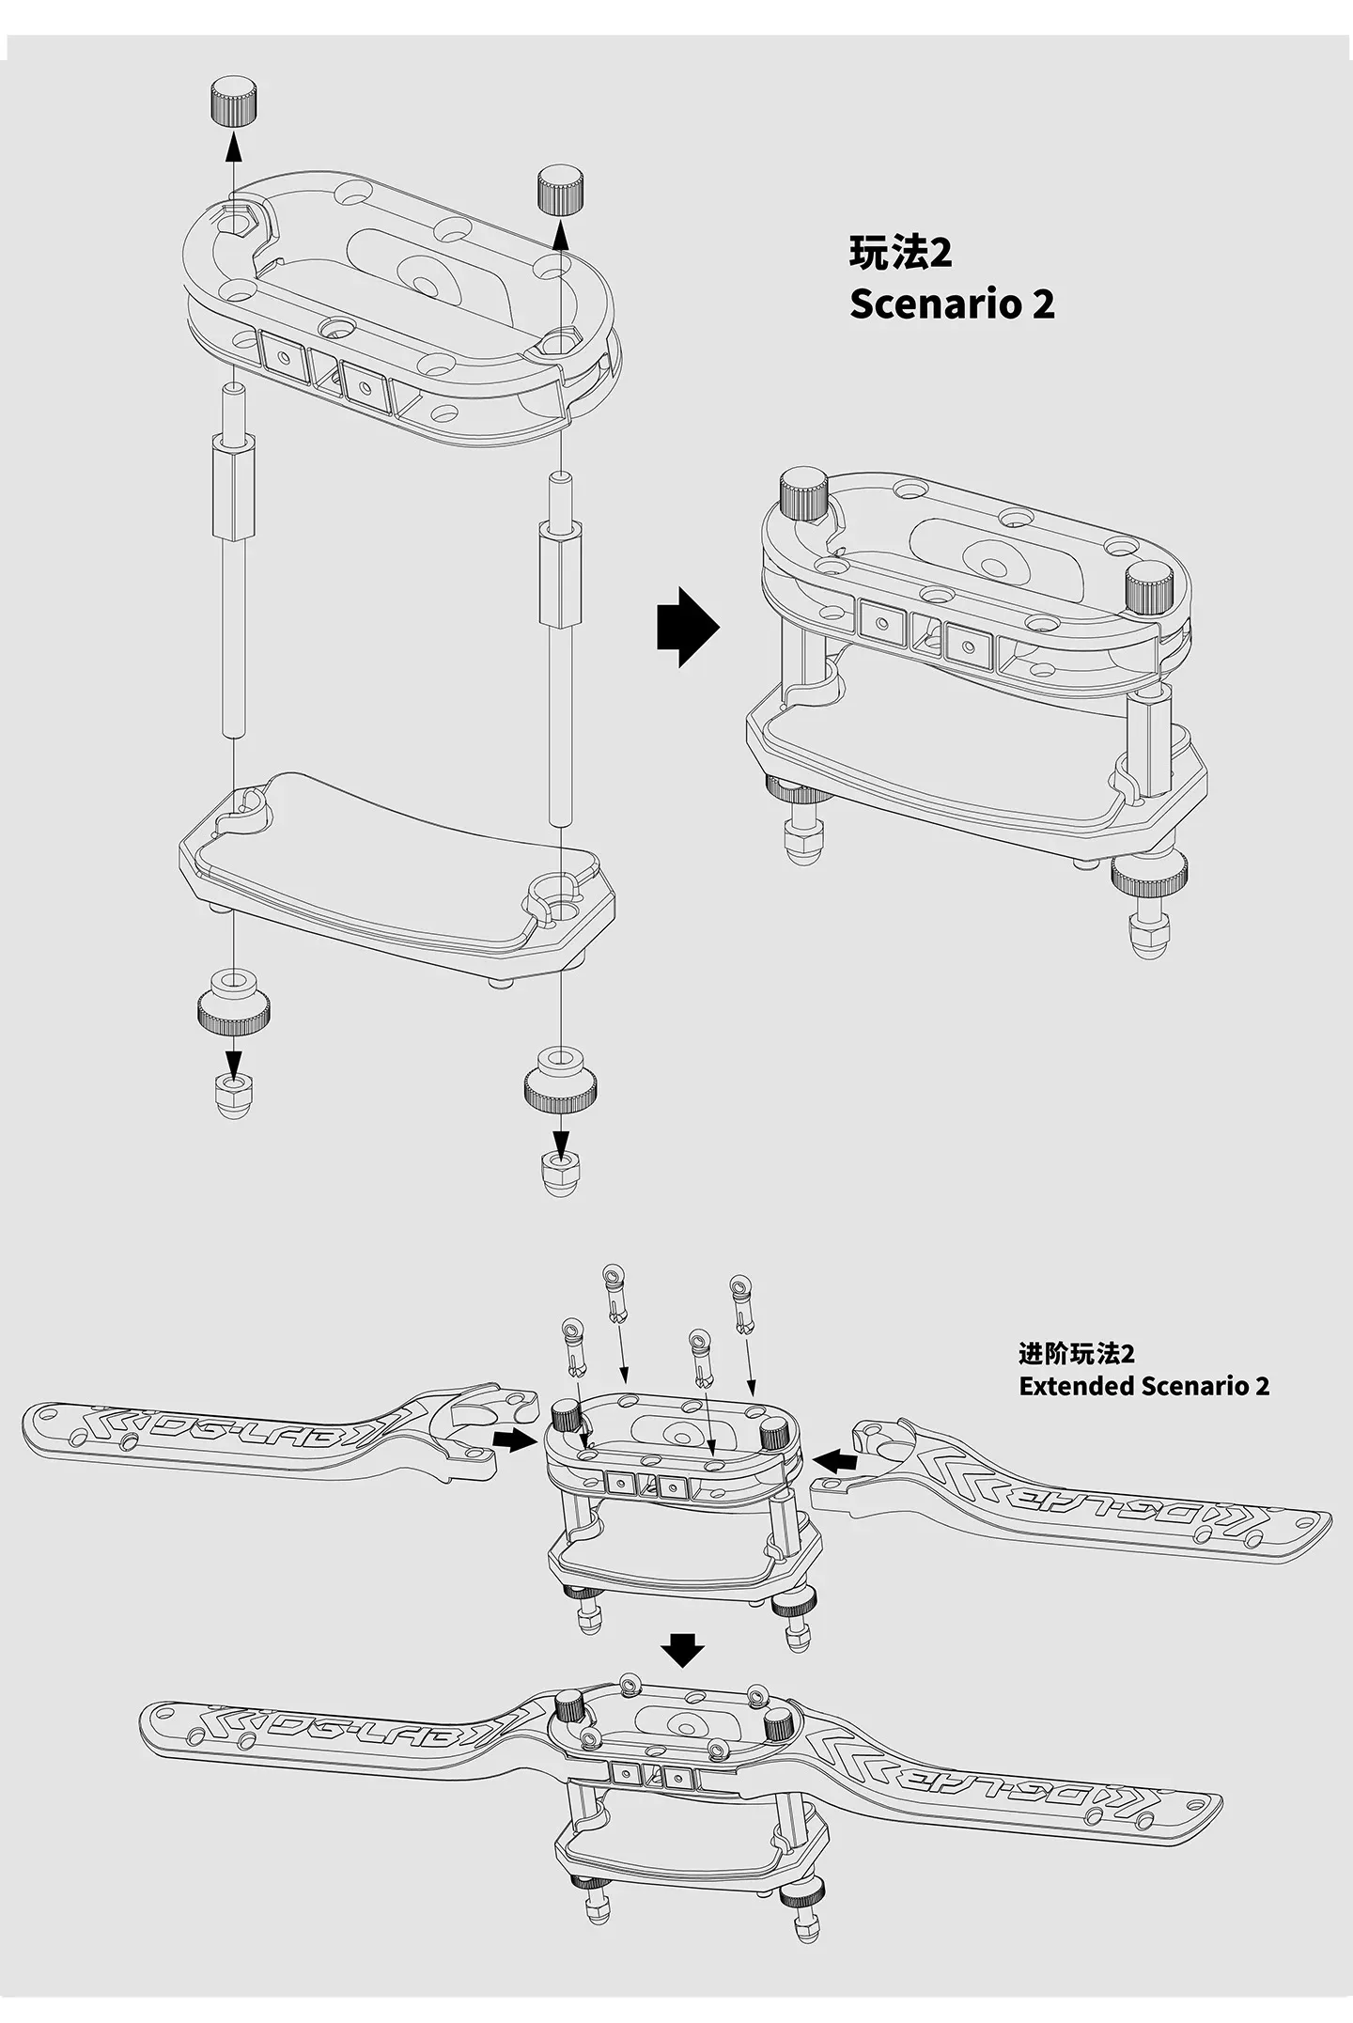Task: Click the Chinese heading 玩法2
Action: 900,254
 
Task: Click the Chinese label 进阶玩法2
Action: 1076,1354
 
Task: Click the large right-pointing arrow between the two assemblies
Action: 687,628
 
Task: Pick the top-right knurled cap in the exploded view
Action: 561,192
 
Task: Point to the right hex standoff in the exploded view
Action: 558,573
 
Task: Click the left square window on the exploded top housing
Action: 282,355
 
